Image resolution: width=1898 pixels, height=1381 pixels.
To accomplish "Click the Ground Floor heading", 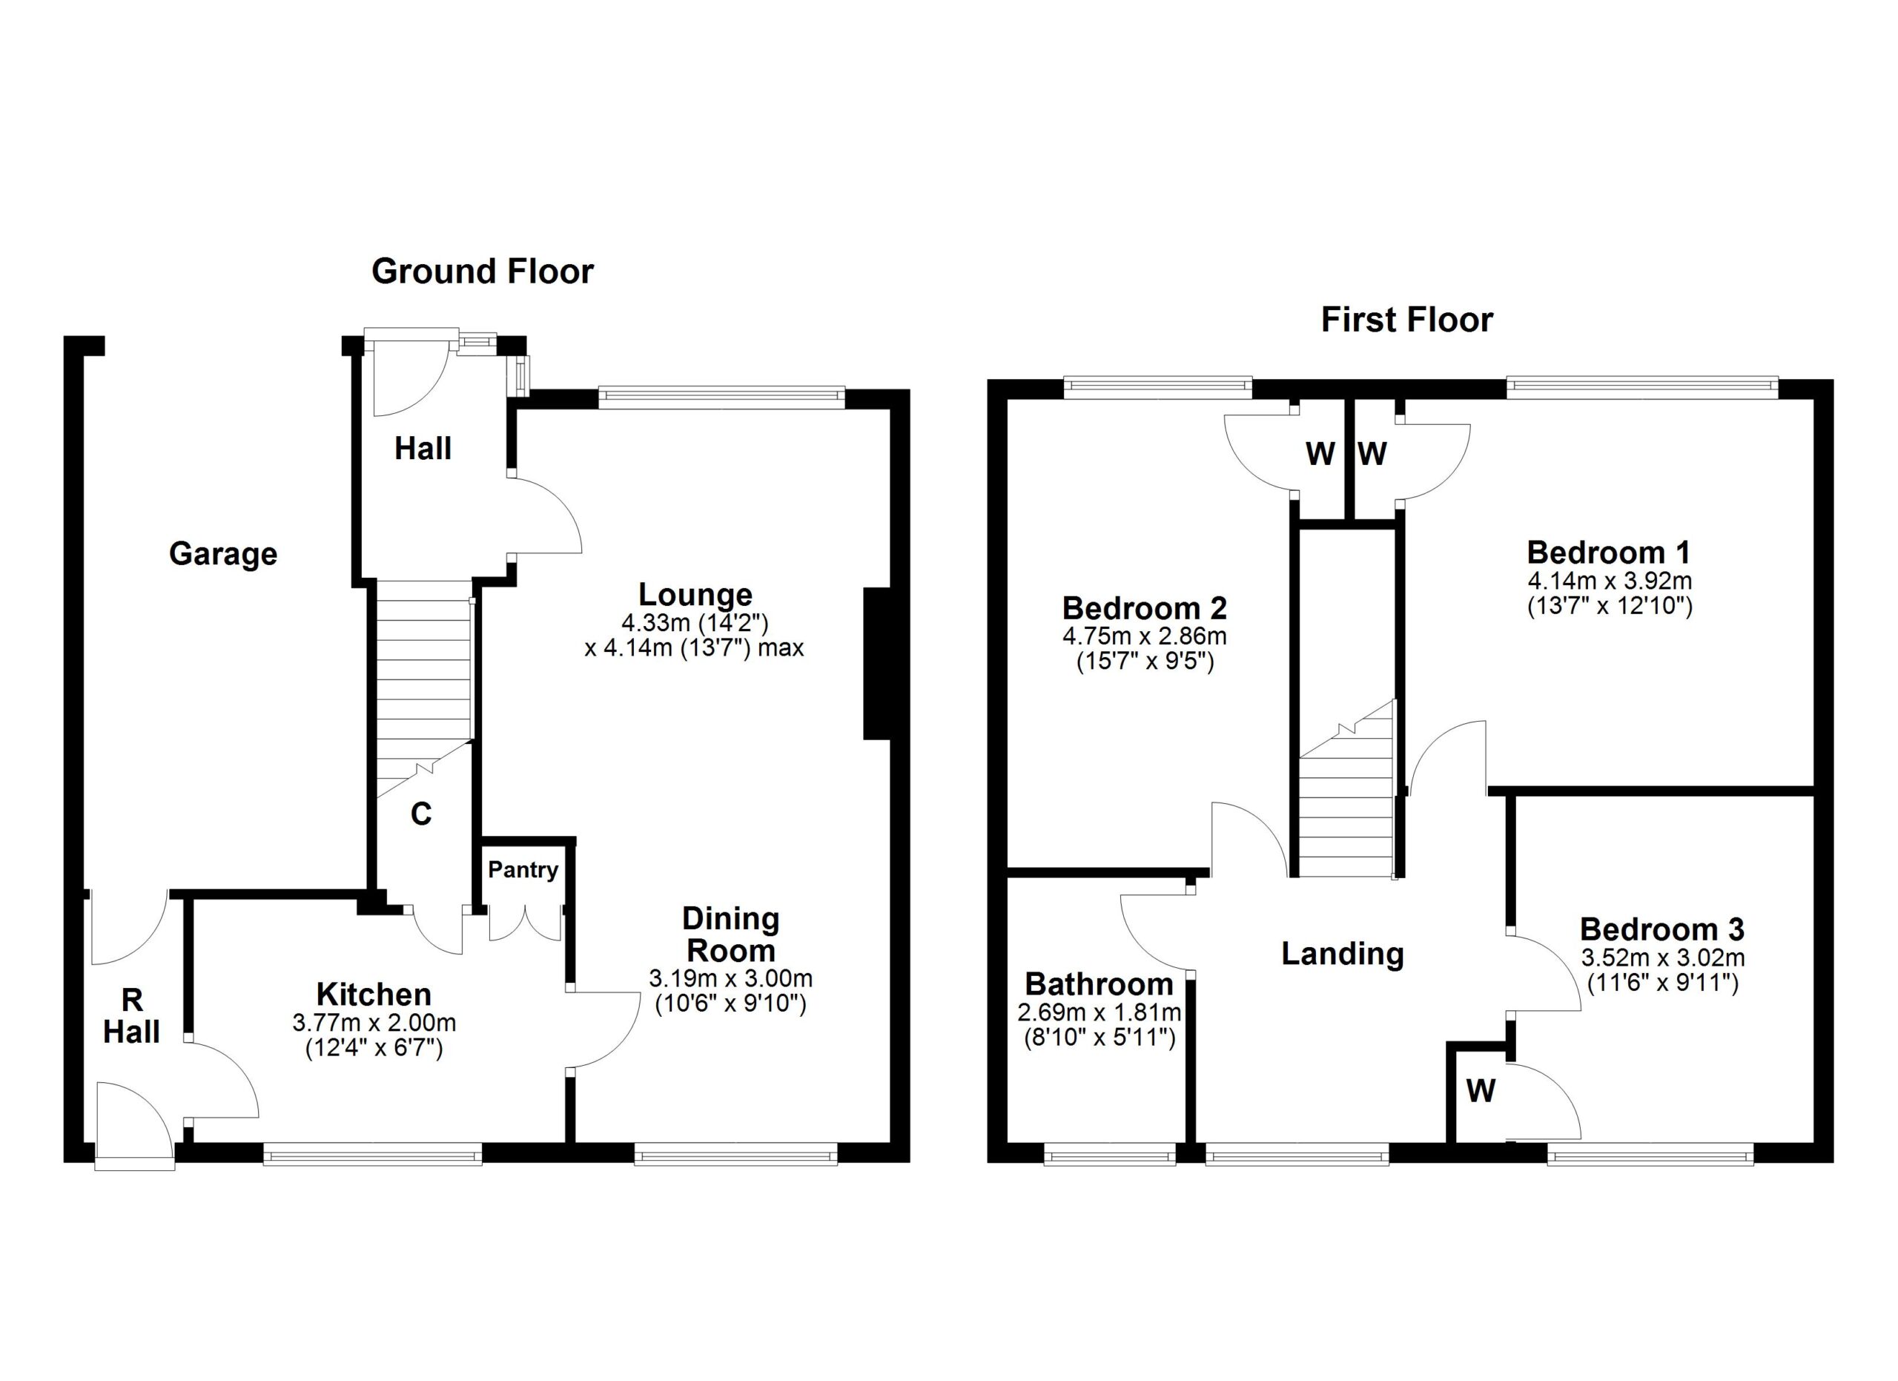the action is (x=482, y=272).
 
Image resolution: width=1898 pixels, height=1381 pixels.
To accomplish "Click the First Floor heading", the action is (x=1406, y=320).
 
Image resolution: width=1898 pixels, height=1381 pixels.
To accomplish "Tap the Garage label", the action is (x=222, y=554).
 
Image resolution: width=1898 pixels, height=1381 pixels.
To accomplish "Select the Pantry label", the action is (x=523, y=871).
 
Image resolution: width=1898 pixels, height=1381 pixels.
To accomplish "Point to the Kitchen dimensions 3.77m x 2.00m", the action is (x=374, y=1023).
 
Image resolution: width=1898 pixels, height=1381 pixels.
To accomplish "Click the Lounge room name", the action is (x=695, y=594).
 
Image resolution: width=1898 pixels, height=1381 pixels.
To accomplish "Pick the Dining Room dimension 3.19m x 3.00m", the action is (x=730, y=978).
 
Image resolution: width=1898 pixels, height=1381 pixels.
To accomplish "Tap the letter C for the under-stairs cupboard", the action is (x=421, y=814).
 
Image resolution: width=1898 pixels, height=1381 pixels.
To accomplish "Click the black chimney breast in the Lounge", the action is (x=876, y=664).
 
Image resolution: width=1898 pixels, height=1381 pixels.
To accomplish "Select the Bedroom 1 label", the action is (x=1608, y=553).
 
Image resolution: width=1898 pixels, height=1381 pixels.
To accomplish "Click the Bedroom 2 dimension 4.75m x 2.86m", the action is (x=1145, y=636).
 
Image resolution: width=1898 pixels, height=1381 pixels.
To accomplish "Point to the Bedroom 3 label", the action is (x=1662, y=930).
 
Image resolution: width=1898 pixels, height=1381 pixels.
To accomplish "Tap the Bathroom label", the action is (x=1099, y=984).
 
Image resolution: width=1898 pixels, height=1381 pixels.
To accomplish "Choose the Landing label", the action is (x=1343, y=954).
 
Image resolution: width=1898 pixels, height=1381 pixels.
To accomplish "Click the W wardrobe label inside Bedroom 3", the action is (x=1481, y=1092).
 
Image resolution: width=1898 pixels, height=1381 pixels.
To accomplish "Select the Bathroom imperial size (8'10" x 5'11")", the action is (x=1100, y=1038).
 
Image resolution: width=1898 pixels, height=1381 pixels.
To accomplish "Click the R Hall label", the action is (x=131, y=1016).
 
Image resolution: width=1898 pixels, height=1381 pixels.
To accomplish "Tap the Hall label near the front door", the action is (x=423, y=449).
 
